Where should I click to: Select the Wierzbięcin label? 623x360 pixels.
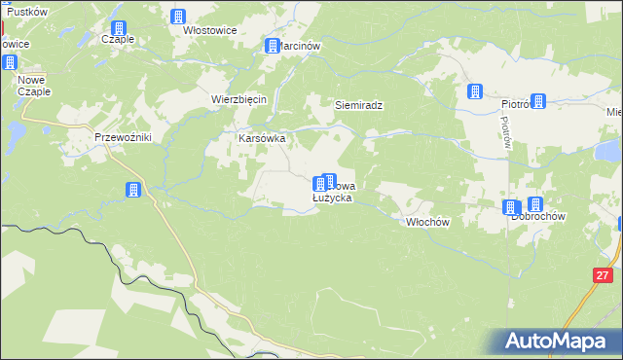[238, 99]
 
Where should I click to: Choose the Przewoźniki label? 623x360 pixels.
[123, 138]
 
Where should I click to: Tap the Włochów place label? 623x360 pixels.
[426, 222]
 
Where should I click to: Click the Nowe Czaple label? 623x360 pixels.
[32, 84]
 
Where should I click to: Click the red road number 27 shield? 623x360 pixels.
[600, 276]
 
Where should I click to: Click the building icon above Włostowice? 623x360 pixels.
[178, 16]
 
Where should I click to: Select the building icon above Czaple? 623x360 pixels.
[119, 27]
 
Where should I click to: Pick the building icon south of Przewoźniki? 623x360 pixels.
[133, 190]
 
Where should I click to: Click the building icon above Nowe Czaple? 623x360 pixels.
[10, 62]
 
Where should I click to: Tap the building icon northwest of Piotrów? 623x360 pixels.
[475, 91]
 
